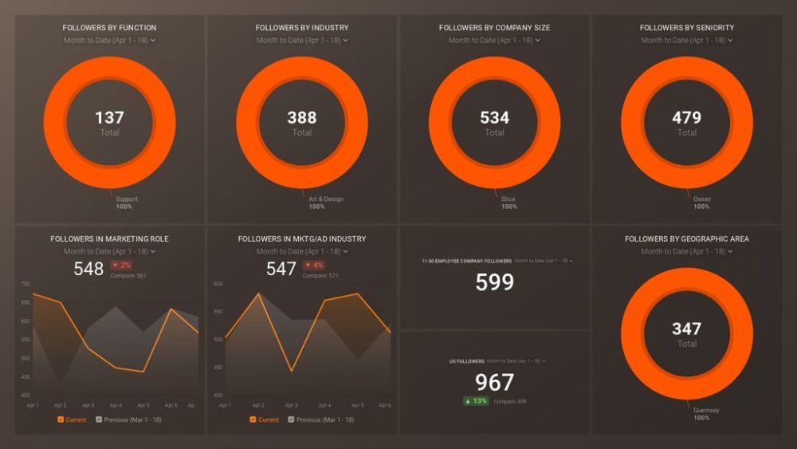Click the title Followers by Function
pos(109,28)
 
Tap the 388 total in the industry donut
pos(302,118)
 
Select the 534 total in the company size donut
pos(494,118)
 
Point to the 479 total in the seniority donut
pos(686,118)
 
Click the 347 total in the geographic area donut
pos(686,329)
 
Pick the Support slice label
pos(127,199)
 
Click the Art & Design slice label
pos(326,199)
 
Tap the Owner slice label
pos(702,199)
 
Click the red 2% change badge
pos(121,265)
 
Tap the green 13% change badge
pos(476,401)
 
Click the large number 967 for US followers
pos(494,382)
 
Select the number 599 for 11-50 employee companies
pos(494,282)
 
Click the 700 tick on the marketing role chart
pos(26,284)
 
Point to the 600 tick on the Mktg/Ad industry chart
pos(218,284)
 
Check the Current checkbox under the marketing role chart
pos(61,419)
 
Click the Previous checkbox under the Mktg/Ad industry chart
pos(292,419)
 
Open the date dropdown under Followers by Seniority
pos(686,40)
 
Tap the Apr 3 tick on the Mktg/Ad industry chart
pos(292,406)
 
